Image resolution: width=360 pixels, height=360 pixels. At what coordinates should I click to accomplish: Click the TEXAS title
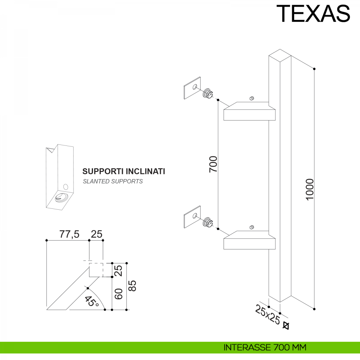point(313,13)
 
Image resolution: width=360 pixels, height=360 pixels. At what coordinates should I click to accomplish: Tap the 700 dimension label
point(213,164)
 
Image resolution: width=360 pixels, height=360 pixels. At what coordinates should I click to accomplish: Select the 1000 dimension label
point(310,190)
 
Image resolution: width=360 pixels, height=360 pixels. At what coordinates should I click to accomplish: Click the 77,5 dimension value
point(69,234)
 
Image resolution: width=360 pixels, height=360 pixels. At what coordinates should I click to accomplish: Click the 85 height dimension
point(133,286)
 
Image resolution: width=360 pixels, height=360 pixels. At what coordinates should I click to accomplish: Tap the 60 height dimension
point(118,294)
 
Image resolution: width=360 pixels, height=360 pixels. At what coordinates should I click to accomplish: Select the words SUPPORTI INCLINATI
point(124,171)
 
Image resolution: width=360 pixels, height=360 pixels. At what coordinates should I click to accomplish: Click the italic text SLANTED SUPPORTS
point(113,181)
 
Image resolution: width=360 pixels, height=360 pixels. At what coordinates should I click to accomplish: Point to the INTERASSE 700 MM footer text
point(265,347)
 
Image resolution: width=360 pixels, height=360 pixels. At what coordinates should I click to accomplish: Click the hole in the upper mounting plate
point(195,87)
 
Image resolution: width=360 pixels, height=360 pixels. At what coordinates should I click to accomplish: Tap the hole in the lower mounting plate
point(195,216)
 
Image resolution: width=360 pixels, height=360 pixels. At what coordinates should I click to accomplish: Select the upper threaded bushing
point(208,93)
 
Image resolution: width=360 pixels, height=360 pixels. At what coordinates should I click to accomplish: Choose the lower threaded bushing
point(208,222)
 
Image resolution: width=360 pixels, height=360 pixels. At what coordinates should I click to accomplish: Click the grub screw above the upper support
point(252,98)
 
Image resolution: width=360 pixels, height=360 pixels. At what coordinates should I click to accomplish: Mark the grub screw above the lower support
point(252,227)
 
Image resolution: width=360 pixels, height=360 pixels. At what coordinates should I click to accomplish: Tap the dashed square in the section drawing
point(96,270)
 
